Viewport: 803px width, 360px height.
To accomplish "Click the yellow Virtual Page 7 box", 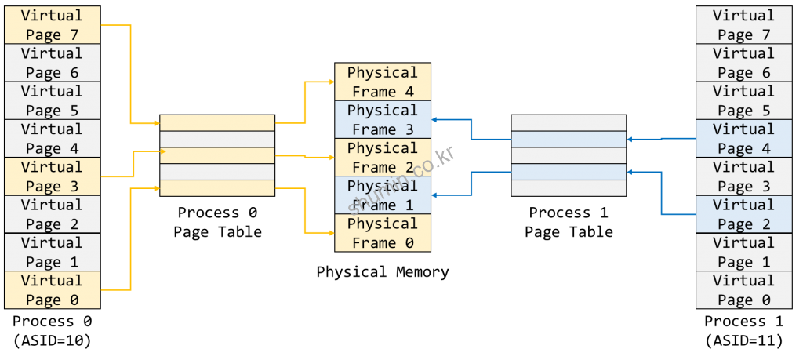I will pyautogui.click(x=53, y=25).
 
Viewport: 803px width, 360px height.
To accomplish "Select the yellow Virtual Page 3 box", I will pyautogui.click(x=53, y=176).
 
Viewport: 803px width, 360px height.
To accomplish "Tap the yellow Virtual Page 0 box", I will pyautogui.click(x=53, y=289).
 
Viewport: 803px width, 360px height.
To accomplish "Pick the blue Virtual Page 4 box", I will pyautogui.click(x=743, y=139).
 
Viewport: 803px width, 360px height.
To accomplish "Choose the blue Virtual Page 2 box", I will pyautogui.click(x=743, y=214).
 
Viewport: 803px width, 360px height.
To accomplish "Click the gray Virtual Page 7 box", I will pyautogui.click(x=743, y=25).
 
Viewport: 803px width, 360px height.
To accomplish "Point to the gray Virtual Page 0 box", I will pyautogui.click(x=743, y=289).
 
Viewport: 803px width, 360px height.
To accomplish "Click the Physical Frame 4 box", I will pyautogui.click(x=383, y=82).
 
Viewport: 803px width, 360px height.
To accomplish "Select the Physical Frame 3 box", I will pyautogui.click(x=383, y=120).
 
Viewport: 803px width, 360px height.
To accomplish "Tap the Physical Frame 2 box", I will pyautogui.click(x=383, y=158).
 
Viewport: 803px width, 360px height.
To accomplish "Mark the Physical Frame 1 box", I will pyautogui.click(x=383, y=195).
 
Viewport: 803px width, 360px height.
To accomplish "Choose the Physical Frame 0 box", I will pyautogui.click(x=383, y=233).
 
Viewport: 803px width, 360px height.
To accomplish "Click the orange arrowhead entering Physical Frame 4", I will pyautogui.click(x=330, y=82).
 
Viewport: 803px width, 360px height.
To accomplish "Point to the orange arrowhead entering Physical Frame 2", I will pyautogui.click(x=330, y=157).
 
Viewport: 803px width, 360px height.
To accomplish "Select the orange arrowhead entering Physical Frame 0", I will pyautogui.click(x=330, y=232).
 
